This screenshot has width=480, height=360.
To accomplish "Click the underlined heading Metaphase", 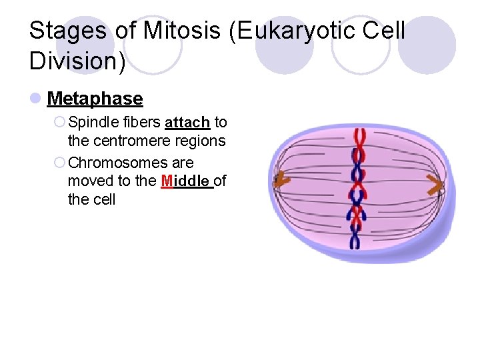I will (x=95, y=99).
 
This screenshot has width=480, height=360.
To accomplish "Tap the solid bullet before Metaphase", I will (x=35, y=99).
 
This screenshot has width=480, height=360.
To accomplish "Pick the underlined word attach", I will (x=187, y=123).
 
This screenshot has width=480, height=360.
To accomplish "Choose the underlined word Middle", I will (x=186, y=181).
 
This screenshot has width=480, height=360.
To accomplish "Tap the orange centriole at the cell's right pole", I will (x=437, y=187).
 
